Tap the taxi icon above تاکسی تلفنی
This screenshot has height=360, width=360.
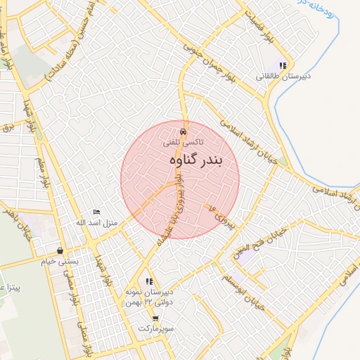tap(183, 131)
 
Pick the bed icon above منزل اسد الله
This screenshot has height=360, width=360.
tap(97, 212)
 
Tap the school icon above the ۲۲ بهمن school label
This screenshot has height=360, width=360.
tap(149, 281)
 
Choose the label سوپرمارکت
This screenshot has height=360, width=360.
tap(156, 329)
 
